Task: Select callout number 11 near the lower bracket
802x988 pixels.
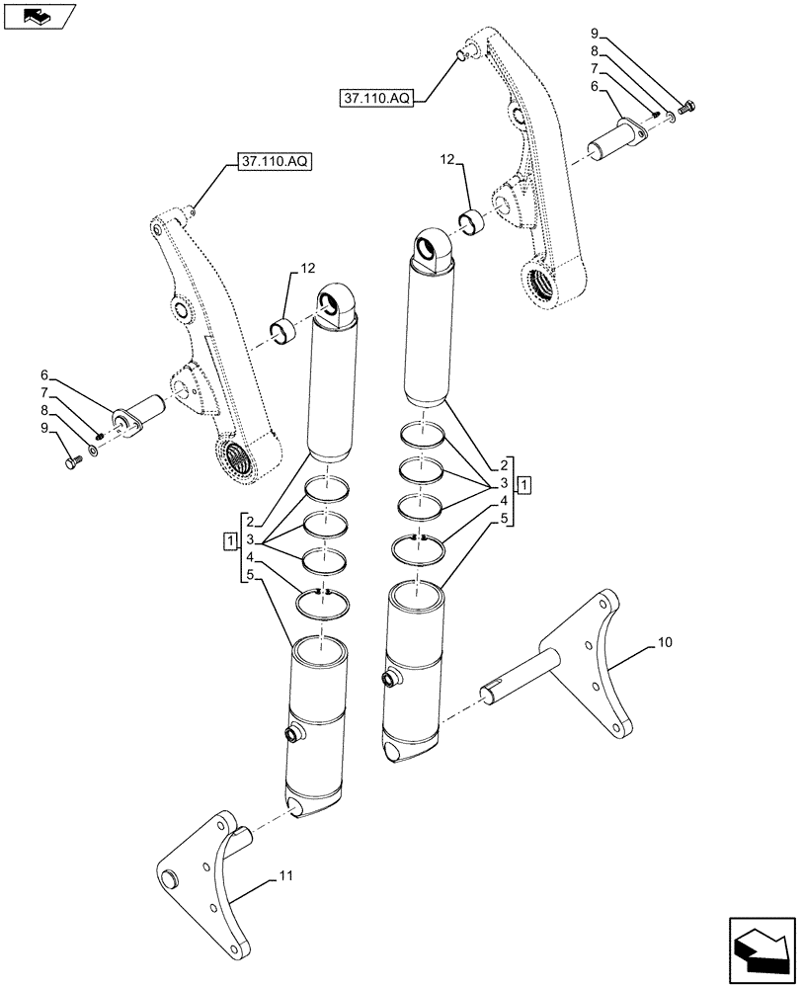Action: point(285,875)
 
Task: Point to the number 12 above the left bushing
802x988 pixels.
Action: point(308,268)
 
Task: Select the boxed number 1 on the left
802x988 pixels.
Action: point(230,540)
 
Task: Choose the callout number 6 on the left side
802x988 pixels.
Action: point(44,375)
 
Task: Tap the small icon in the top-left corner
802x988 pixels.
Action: point(40,16)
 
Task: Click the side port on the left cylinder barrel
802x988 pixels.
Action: point(293,733)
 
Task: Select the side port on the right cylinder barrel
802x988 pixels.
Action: point(388,679)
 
